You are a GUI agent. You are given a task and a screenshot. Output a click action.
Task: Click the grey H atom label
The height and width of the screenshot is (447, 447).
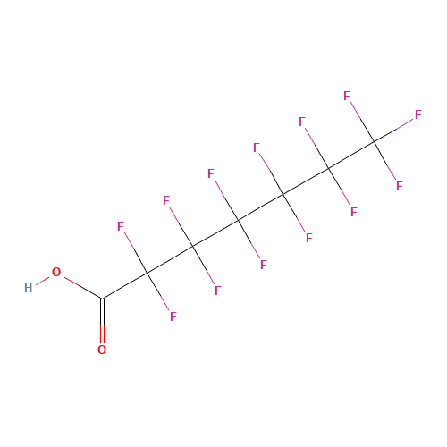pyautogui.click(x=29, y=288)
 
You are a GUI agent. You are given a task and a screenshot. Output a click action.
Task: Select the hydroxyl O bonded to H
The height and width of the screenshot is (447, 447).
pyautogui.click(x=56, y=272)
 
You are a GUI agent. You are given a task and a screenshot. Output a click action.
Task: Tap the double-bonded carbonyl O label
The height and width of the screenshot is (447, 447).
pyautogui.click(x=102, y=350)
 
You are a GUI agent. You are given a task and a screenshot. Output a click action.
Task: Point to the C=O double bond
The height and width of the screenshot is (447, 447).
pyautogui.click(x=102, y=321)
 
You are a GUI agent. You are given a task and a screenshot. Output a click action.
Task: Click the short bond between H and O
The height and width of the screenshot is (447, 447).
pyautogui.click(x=43, y=281)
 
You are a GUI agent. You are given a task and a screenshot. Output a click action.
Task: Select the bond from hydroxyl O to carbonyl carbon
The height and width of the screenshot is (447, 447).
pyautogui.click(x=83, y=288)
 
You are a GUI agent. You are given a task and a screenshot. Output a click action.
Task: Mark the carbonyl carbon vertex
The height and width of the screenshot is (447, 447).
pyautogui.click(x=102, y=299)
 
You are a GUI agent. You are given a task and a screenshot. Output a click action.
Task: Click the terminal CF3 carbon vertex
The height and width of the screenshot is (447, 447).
pyautogui.click(x=374, y=142)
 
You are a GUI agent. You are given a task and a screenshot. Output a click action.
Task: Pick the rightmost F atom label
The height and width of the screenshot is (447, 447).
pyautogui.click(x=418, y=114)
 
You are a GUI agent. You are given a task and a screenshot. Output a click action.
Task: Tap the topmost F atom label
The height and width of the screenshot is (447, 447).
pyautogui.click(x=347, y=96)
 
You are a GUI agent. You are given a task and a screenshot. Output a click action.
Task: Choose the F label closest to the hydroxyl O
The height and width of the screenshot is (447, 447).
pyautogui.click(x=121, y=226)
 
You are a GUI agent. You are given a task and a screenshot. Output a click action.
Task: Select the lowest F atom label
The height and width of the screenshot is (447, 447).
pyautogui.click(x=173, y=316)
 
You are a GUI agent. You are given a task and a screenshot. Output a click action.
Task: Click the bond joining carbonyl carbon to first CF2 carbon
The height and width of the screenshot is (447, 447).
pyautogui.click(x=125, y=285)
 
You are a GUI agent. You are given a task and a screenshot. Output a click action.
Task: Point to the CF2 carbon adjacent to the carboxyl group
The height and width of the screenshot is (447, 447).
pyautogui.click(x=148, y=273)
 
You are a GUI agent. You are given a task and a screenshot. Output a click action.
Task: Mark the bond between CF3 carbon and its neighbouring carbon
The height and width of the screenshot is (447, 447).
pyautogui.click(x=351, y=156)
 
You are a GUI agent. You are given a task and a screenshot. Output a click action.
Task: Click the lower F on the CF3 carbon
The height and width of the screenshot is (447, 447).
pyautogui.click(x=400, y=186)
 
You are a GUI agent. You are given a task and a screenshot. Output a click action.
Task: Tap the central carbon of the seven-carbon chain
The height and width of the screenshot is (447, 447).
pyautogui.click(x=238, y=221)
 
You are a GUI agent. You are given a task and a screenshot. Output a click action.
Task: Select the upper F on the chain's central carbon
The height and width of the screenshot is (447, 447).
pyautogui.click(x=211, y=173)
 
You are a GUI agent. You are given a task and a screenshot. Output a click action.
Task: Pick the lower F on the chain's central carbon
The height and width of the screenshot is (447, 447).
pyautogui.click(x=264, y=265)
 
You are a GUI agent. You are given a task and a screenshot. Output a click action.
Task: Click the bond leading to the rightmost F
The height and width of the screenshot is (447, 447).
pyautogui.click(x=393, y=131)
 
